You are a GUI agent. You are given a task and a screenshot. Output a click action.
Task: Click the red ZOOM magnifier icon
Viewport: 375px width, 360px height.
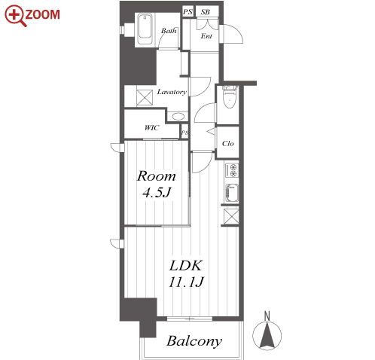pyautogui.click(x=14, y=16)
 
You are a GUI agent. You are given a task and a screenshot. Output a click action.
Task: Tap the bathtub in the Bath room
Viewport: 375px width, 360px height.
pyautogui.click(x=145, y=29)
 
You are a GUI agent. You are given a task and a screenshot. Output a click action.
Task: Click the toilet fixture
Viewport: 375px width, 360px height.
pyautogui.click(x=230, y=96)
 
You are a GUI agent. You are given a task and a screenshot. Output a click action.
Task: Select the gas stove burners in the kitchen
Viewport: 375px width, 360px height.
pyautogui.click(x=232, y=170)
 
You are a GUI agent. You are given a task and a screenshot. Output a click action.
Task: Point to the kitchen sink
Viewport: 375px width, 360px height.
pyautogui.click(x=232, y=193)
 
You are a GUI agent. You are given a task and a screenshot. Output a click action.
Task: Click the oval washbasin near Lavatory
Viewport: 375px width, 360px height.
pyautogui.click(x=178, y=117)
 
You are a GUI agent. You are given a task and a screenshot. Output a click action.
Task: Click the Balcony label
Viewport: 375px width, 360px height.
pyautogui.click(x=194, y=341)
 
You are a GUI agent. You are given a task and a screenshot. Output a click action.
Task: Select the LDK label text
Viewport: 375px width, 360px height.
pyautogui.click(x=186, y=265)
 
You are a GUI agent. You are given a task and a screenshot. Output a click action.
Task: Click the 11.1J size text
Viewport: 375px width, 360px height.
pyautogui.click(x=186, y=282)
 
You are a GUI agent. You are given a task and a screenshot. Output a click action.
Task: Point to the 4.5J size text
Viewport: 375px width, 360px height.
pyautogui.click(x=157, y=193)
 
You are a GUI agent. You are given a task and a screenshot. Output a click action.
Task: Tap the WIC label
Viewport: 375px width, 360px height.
pyautogui.click(x=151, y=128)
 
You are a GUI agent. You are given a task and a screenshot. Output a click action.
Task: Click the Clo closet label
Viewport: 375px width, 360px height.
pyautogui.click(x=227, y=143)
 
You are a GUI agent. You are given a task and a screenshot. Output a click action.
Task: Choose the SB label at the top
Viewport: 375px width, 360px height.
pyautogui.click(x=206, y=12)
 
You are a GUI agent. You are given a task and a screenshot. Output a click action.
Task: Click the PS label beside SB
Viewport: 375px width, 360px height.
pyautogui.click(x=187, y=11)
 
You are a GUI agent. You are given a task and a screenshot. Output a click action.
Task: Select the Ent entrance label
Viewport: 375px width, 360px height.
pyautogui.click(x=206, y=36)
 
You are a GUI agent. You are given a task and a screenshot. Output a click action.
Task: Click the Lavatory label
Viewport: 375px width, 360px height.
pyautogui.click(x=172, y=92)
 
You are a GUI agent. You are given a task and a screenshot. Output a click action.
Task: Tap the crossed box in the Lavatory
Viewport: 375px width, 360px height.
pyautogui.click(x=145, y=97)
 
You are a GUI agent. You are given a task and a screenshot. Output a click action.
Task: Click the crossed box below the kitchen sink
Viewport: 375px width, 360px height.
pyautogui.click(x=231, y=216)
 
